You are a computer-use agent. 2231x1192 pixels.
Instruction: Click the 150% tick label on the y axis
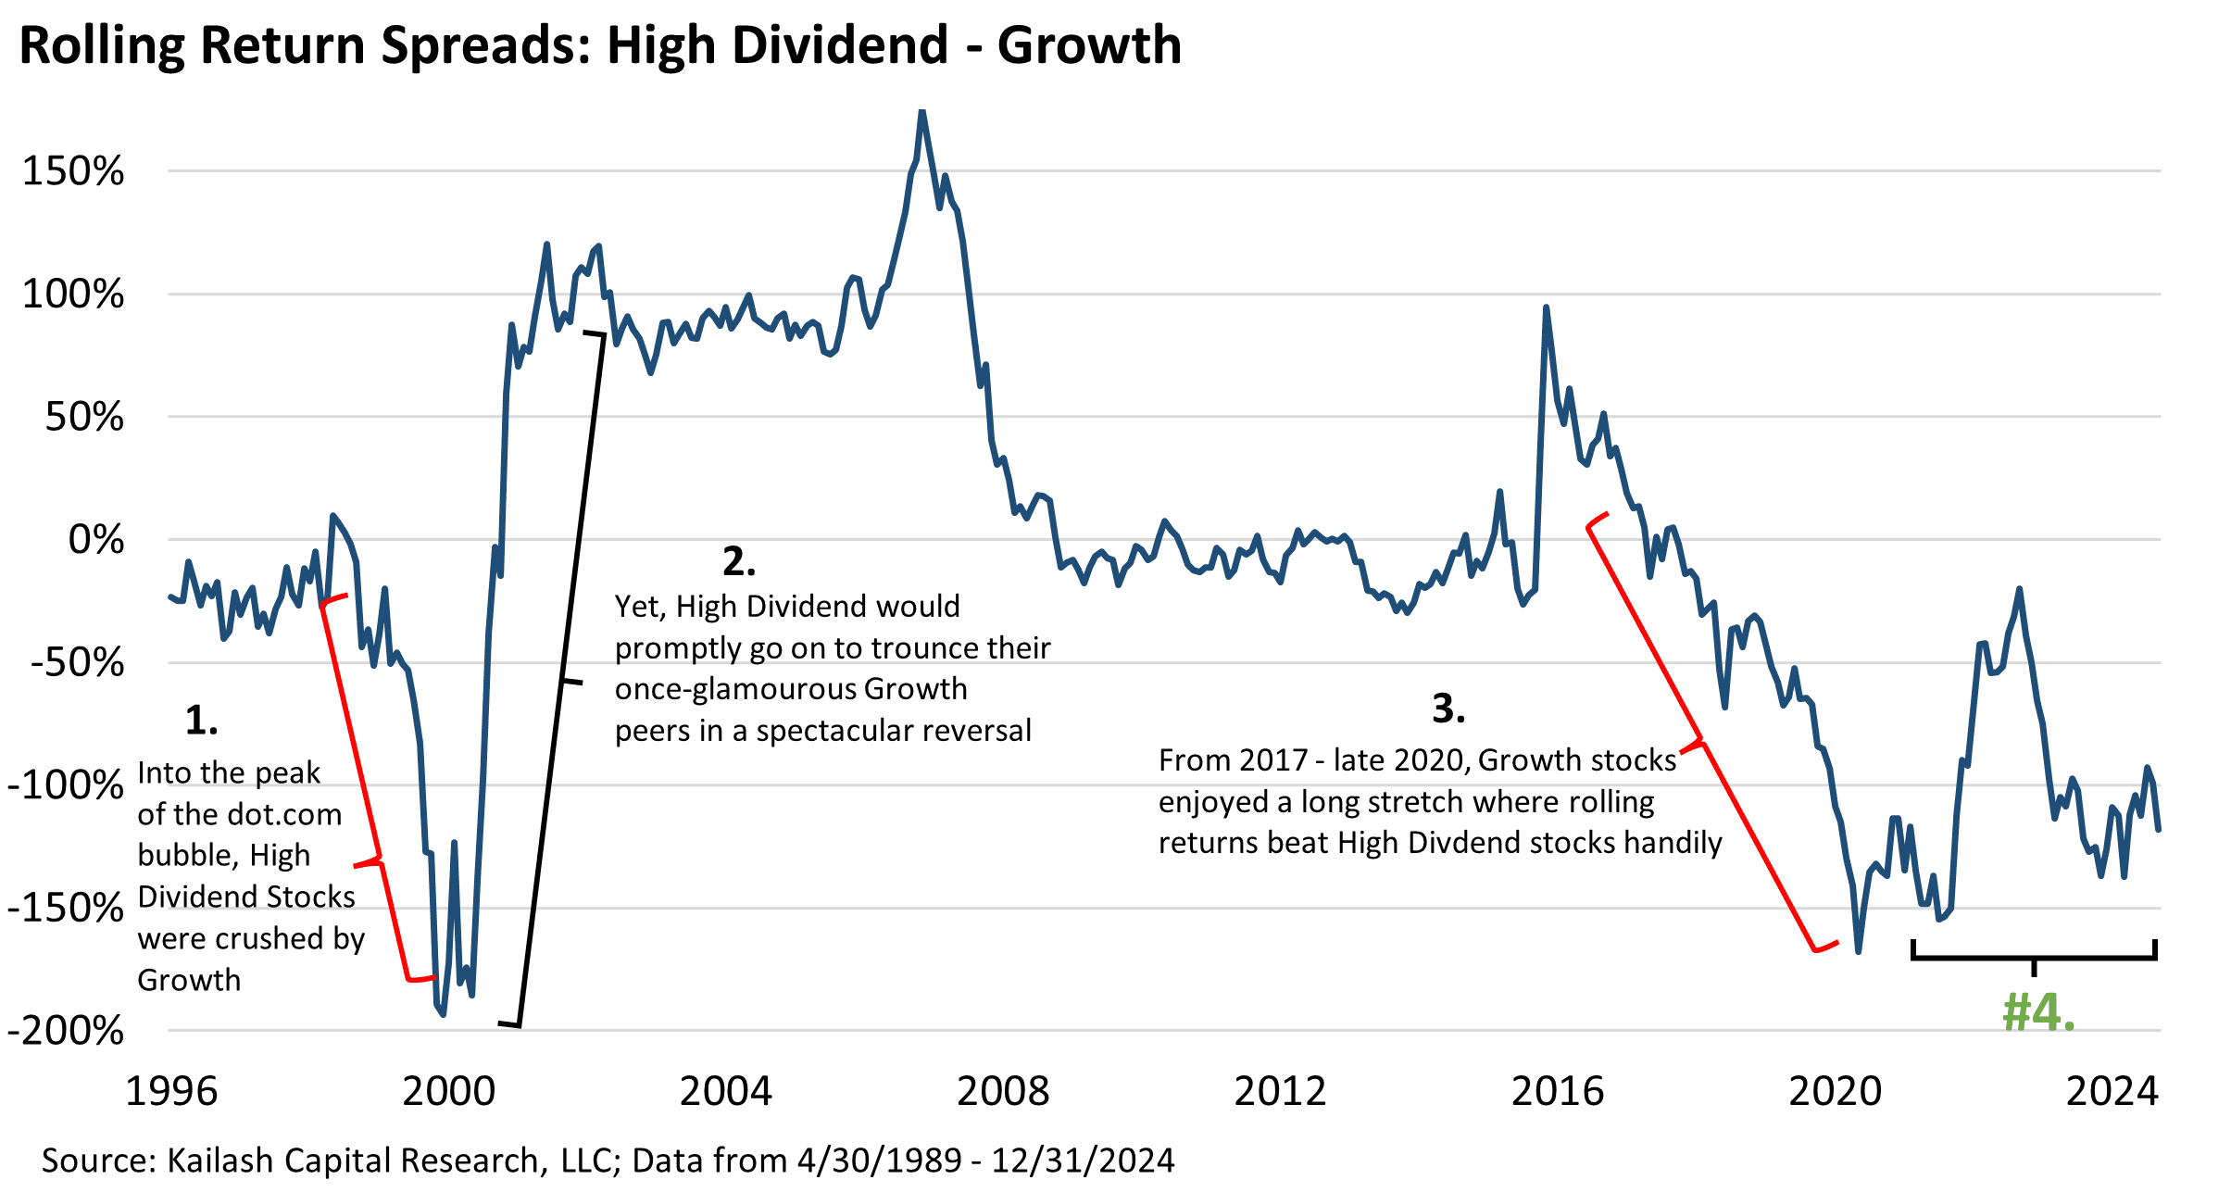coord(72,172)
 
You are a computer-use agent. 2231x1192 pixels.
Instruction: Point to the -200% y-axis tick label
coord(65,1031)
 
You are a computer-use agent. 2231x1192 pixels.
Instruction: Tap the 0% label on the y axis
coord(95,540)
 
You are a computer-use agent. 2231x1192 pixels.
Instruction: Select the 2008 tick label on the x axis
coord(1003,1092)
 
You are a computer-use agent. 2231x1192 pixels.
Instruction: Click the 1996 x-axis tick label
coord(171,1092)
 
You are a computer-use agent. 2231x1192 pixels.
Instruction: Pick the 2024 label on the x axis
coord(2112,1092)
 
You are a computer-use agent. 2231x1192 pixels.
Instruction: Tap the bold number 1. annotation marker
coord(201,721)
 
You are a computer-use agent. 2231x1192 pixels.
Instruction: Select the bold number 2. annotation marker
coord(739,561)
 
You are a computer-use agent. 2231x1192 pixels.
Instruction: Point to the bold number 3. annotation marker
coord(1448,709)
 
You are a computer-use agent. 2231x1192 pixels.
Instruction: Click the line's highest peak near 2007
coord(921,112)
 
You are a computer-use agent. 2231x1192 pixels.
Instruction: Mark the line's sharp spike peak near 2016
coord(1546,308)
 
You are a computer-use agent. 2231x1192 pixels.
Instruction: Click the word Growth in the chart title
coord(1089,45)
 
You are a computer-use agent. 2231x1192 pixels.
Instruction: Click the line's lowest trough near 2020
coord(1858,950)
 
